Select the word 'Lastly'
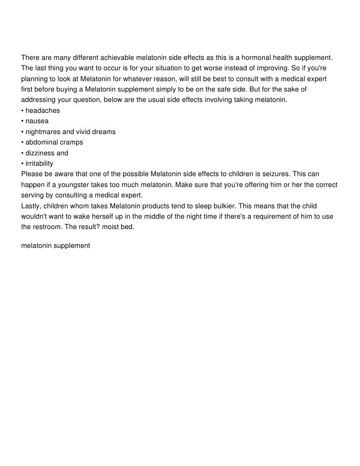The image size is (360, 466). click(x=32, y=205)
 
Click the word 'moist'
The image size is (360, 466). click(x=117, y=227)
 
